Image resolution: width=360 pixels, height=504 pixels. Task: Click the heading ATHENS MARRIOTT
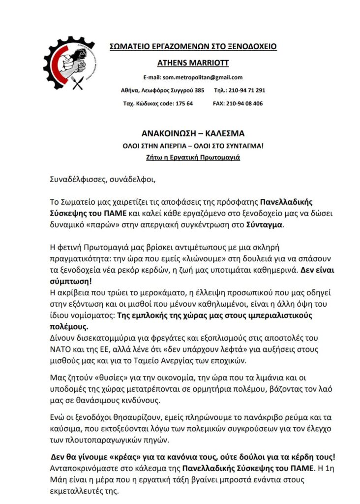(193, 63)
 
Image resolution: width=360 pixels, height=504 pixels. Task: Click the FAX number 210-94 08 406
(245, 104)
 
